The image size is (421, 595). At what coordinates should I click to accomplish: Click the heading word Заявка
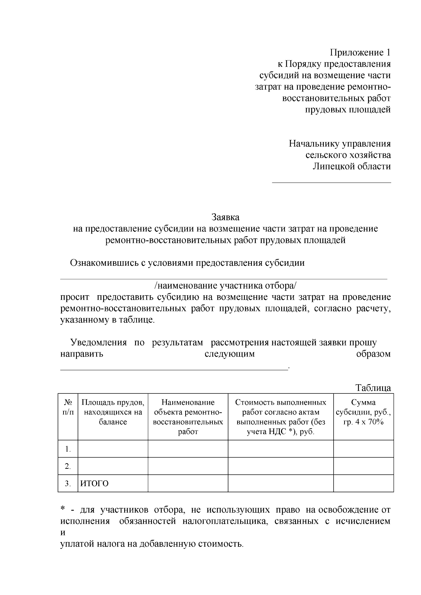(x=226, y=217)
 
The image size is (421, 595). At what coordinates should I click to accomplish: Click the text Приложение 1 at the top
(x=360, y=53)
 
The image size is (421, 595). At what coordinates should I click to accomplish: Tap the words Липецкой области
(x=352, y=166)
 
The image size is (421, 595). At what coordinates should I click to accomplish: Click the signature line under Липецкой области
(x=332, y=182)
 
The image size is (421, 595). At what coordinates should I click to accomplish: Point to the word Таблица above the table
(x=373, y=388)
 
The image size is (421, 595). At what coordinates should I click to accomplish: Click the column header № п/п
(x=68, y=407)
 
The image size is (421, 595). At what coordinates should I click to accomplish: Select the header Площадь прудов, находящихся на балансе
(x=113, y=412)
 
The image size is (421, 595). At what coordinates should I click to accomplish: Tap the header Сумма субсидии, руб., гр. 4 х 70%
(x=363, y=412)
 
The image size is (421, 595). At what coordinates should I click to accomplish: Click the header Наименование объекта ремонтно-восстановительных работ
(x=188, y=417)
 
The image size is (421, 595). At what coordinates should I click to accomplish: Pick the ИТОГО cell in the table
(x=95, y=484)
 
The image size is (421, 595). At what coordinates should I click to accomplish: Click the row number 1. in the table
(x=68, y=449)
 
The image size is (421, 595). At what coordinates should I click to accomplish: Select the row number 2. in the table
(x=68, y=467)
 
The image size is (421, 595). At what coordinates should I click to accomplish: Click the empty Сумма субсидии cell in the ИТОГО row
(x=363, y=484)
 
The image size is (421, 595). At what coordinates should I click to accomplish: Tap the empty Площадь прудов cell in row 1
(x=113, y=449)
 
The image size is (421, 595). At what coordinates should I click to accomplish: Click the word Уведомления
(x=99, y=343)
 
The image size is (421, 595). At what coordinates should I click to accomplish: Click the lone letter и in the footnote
(x=63, y=533)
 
